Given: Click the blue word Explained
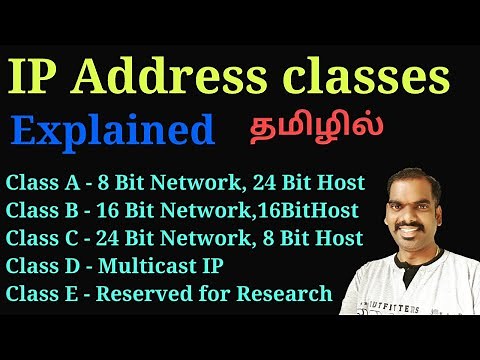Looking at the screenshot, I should pyautogui.click(x=113, y=129).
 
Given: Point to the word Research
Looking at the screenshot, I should pyautogui.click(x=291, y=293).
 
